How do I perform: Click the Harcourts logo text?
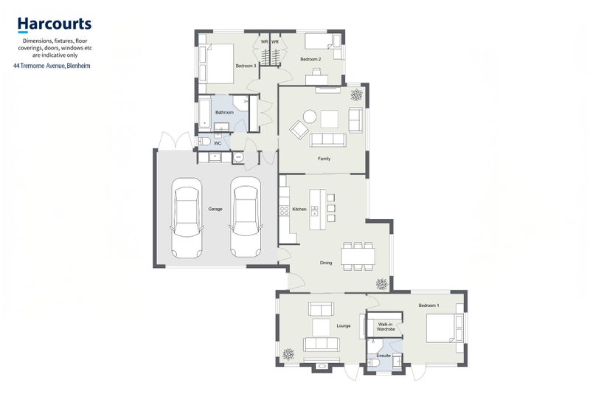(x=55, y=24)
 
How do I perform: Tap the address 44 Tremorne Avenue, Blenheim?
(x=52, y=66)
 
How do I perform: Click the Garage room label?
(x=215, y=209)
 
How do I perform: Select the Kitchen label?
(x=299, y=209)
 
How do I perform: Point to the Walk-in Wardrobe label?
(x=386, y=327)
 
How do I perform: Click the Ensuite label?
(x=383, y=356)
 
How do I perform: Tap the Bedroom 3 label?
(x=246, y=66)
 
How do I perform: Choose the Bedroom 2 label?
(x=310, y=60)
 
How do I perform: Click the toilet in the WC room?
(x=204, y=142)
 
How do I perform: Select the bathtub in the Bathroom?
(x=205, y=113)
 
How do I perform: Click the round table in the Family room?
(x=310, y=117)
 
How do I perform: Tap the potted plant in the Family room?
(x=357, y=95)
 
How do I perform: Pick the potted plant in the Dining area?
(x=381, y=284)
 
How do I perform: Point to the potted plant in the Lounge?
(x=288, y=353)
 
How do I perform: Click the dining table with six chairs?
(x=358, y=256)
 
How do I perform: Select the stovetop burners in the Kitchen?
(x=284, y=210)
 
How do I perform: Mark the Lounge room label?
(x=344, y=326)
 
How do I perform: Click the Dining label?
(x=326, y=263)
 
